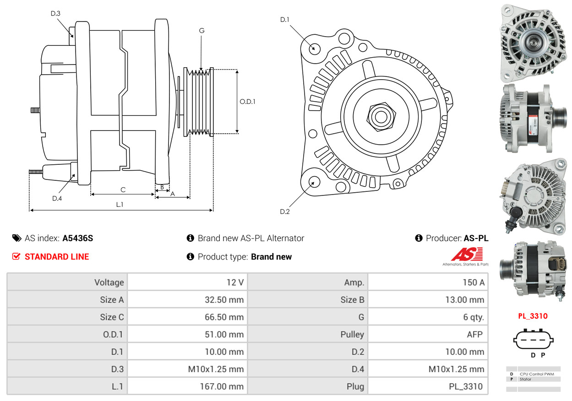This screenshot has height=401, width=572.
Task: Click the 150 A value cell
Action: click(473, 282)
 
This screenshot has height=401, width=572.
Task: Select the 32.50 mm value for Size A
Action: click(224, 300)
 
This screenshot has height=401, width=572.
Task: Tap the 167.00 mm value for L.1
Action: click(221, 386)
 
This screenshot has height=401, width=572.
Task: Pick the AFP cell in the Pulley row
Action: click(474, 334)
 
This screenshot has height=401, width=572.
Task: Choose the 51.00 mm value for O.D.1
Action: click(224, 334)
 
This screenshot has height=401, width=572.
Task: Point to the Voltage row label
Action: click(109, 282)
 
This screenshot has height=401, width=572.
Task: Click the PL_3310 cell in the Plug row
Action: click(465, 386)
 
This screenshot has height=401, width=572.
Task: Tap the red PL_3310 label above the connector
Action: click(533, 316)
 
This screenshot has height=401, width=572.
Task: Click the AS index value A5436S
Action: click(78, 238)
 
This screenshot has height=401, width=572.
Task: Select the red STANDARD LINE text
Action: click(57, 257)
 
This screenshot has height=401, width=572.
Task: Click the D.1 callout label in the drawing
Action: click(285, 20)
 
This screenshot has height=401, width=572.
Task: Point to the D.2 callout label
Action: click(285, 211)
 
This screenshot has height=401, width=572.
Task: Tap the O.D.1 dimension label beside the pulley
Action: click(247, 102)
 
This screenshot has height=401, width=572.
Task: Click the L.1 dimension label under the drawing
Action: click(120, 205)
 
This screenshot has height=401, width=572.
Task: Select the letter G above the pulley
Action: click(202, 31)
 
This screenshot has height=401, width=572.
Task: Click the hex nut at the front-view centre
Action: click(380, 116)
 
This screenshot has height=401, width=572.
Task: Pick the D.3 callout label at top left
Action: click(55, 13)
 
